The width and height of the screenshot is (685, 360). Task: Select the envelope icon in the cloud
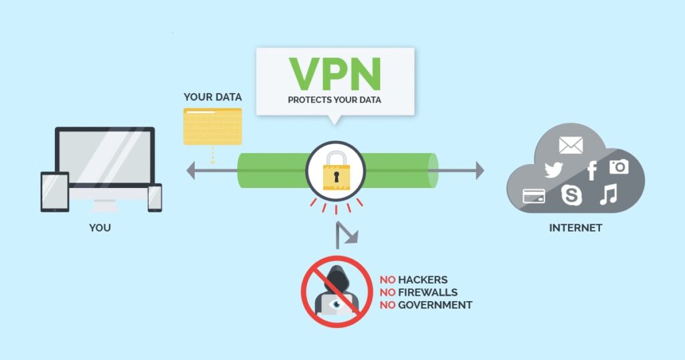pos(571,145)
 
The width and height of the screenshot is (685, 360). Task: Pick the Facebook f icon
pos(591,171)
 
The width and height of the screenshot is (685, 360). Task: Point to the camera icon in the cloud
pos(619,166)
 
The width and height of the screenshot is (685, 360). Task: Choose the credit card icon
pos(534,195)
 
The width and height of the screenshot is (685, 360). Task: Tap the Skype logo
pos(571,195)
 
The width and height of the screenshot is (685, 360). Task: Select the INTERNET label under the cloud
pos(575,228)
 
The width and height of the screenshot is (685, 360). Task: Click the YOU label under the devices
pos(100,228)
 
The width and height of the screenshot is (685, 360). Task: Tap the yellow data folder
pos(213,126)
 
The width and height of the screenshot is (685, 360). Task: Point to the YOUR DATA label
pos(213,98)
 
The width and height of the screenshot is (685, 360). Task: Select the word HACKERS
pos(422,280)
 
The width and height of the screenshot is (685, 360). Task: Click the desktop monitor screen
pos(104,157)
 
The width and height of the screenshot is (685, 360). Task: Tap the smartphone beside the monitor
pos(155,198)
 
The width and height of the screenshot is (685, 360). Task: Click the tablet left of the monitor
pos(55,192)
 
